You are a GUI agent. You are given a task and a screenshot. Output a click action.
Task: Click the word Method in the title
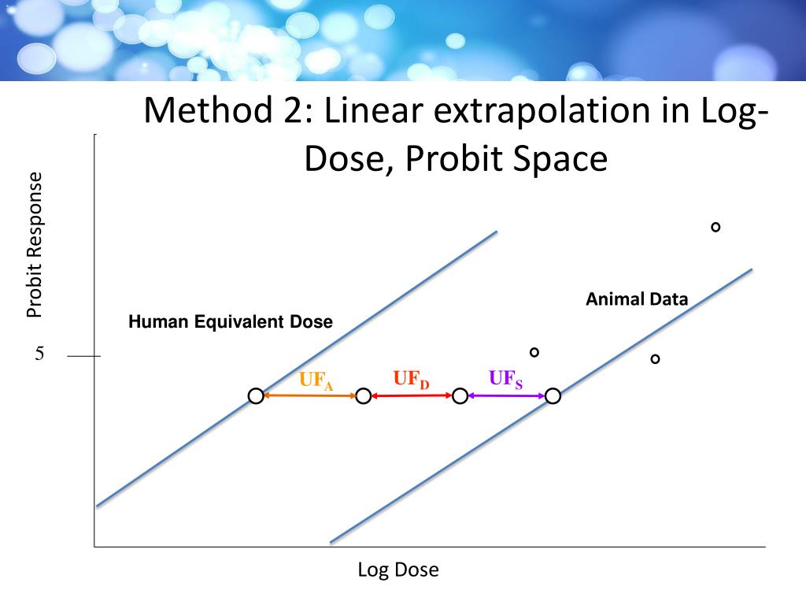[204, 110]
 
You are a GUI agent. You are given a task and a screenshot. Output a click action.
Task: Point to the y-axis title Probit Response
[34, 245]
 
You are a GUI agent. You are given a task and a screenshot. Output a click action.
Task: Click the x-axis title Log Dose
[398, 570]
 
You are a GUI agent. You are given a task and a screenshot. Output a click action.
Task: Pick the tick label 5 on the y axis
[39, 354]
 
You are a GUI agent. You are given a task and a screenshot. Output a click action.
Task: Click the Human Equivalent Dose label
[231, 322]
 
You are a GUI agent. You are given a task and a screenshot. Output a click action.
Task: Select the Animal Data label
[637, 299]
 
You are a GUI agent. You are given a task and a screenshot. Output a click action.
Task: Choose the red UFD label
[412, 380]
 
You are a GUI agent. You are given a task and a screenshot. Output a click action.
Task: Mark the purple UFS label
[505, 380]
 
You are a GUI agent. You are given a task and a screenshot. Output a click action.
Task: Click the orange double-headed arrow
[309, 395]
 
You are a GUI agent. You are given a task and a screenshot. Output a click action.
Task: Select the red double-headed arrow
[412, 395]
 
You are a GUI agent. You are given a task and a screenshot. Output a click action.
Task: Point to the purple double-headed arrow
[507, 395]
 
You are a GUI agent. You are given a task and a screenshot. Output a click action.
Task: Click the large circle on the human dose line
[256, 396]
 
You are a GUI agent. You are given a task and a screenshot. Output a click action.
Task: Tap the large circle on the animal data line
[553, 396]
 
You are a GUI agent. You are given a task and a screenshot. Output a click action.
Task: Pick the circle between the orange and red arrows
[363, 396]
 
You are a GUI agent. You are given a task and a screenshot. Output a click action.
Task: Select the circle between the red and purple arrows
[460, 396]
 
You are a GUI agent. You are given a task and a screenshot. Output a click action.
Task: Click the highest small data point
[715, 227]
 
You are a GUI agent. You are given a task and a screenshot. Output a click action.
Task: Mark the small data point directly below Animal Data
[655, 359]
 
